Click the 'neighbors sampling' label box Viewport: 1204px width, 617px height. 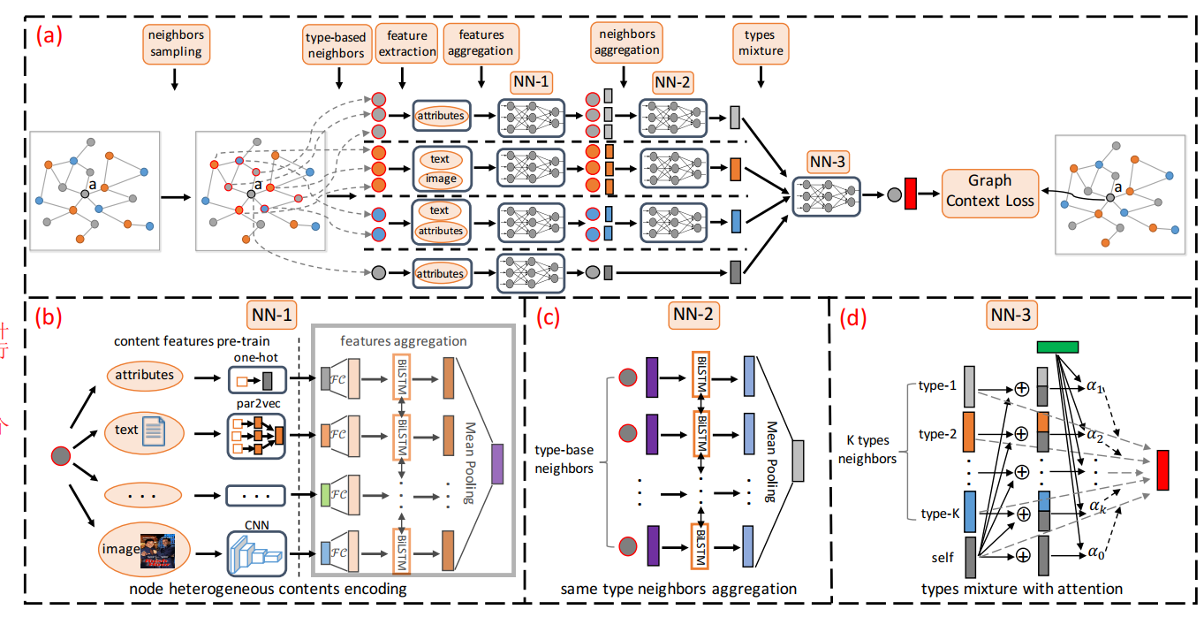click(173, 42)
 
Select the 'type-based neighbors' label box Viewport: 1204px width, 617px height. click(336, 44)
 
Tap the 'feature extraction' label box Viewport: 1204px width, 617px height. click(406, 43)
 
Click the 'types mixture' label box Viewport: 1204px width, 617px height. click(759, 43)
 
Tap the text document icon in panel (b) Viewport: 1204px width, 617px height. click(153, 431)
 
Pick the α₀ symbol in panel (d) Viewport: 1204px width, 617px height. click(1096, 554)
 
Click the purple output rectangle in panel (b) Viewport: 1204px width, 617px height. click(496, 464)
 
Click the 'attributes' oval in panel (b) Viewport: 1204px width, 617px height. click(145, 375)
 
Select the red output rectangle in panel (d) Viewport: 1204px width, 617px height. click(1162, 469)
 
